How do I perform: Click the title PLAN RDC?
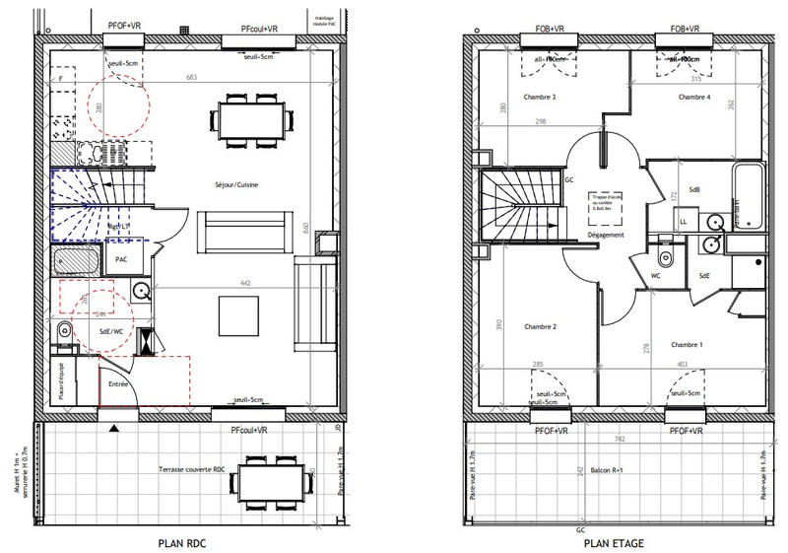[183, 543]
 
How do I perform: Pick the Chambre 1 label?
[687, 345]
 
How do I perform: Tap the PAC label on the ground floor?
[122, 259]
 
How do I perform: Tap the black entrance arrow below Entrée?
[116, 428]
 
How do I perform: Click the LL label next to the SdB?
[683, 222]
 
